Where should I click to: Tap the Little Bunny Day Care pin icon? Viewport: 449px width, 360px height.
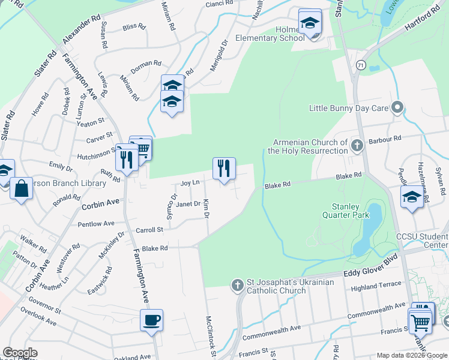click(x=397, y=108)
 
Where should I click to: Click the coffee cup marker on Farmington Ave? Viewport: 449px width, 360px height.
click(x=151, y=320)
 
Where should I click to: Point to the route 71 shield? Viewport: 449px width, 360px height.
click(x=360, y=64)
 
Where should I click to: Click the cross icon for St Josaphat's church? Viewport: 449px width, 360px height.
click(x=238, y=285)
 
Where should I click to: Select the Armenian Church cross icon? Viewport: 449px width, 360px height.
click(x=357, y=146)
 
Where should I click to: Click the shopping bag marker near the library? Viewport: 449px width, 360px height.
click(x=21, y=189)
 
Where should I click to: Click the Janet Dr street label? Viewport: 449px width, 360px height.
click(x=188, y=204)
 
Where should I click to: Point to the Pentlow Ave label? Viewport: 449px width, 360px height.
click(x=95, y=224)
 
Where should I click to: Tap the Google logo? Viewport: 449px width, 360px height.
click(x=20, y=353)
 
